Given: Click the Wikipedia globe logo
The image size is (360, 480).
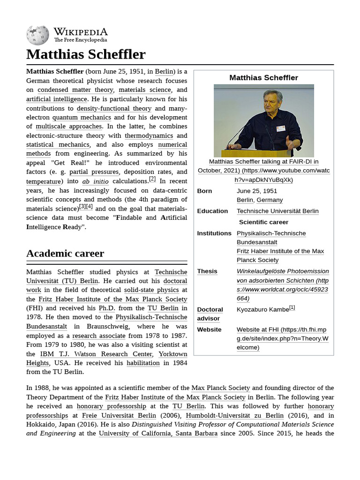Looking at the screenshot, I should click(37, 35).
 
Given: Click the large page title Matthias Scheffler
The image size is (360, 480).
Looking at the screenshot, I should click(86, 54).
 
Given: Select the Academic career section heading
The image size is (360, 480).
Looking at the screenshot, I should click(65, 254).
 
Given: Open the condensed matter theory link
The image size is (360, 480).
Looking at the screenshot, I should click(75, 90).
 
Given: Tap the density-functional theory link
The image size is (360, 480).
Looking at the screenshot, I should click(114, 108).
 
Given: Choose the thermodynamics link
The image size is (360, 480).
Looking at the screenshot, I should click(149, 135).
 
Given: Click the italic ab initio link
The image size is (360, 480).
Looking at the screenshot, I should click(95, 181).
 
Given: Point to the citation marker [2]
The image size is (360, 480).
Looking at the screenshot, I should click(152, 179).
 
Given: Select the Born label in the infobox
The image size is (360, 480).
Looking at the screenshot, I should click(204, 191).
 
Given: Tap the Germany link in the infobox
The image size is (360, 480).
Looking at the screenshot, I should click(270, 200).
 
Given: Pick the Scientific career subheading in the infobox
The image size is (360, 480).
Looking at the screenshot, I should click(263, 222).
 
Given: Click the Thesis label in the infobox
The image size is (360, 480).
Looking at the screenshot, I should click(207, 271).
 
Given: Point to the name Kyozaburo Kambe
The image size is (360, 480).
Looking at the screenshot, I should click(262, 310).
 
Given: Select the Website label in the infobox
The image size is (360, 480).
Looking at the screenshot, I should click(209, 330).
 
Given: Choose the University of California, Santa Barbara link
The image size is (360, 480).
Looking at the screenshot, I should click(158, 434).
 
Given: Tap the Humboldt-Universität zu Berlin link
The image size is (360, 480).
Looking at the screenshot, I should click(234, 415).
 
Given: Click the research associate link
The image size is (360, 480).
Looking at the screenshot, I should click(98, 336).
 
